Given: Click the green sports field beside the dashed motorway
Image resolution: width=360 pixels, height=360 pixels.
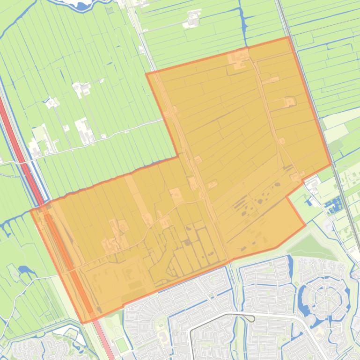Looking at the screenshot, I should coord(122,345).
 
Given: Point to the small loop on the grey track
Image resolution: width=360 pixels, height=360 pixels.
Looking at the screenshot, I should coord(251,319).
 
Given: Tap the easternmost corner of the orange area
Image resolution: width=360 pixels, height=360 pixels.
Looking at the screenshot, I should coord(331,164).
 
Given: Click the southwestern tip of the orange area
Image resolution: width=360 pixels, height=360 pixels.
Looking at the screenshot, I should coord(83,323).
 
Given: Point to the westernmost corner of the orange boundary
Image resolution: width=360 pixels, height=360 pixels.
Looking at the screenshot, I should coord(31,211).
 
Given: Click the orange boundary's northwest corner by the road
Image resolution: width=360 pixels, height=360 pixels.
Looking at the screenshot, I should coord(147,74).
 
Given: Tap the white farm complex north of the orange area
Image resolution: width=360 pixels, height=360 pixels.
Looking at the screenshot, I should coord(192,19).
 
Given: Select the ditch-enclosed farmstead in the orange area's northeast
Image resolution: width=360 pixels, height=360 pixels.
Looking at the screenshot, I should coord(290,101).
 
